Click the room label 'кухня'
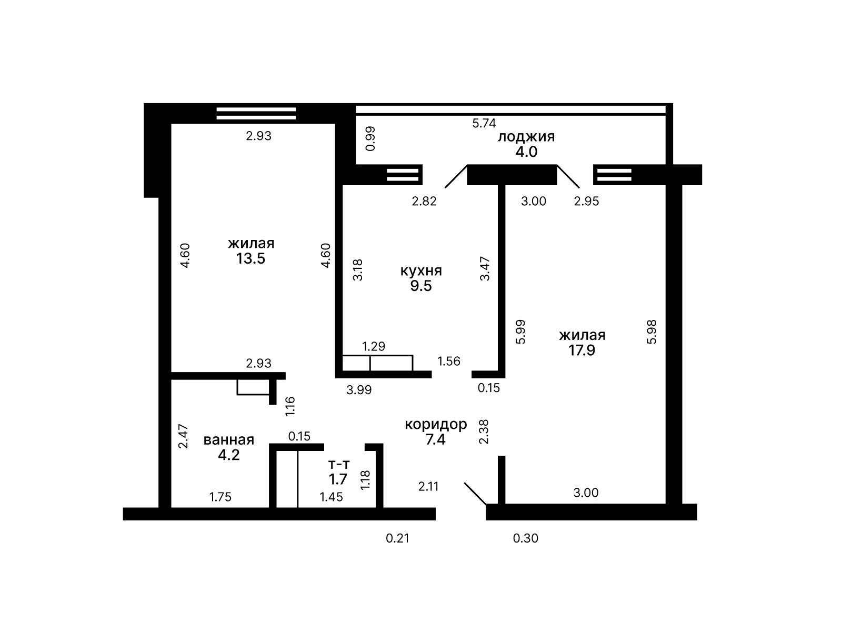pos(421,271)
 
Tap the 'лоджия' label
pos(526,137)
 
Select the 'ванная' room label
pos(228,439)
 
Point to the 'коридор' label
pos(436,425)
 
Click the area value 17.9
pos(582,350)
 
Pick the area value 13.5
pos(250,258)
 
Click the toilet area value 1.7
pos(338,479)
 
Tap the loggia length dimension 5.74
pos(484,123)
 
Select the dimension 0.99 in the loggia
pos(370,138)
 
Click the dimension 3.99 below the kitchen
pos(359,390)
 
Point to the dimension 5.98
pos(651,332)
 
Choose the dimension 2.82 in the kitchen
pos(424,201)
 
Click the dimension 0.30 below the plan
pos(526,538)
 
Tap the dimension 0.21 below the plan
pos(397,538)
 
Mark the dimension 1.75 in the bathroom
pos(220,497)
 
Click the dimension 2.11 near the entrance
pos(428,486)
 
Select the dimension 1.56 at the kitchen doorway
pos(448,361)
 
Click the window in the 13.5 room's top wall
pos(256,114)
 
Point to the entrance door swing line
pos(475,494)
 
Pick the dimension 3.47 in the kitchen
pos(485,268)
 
